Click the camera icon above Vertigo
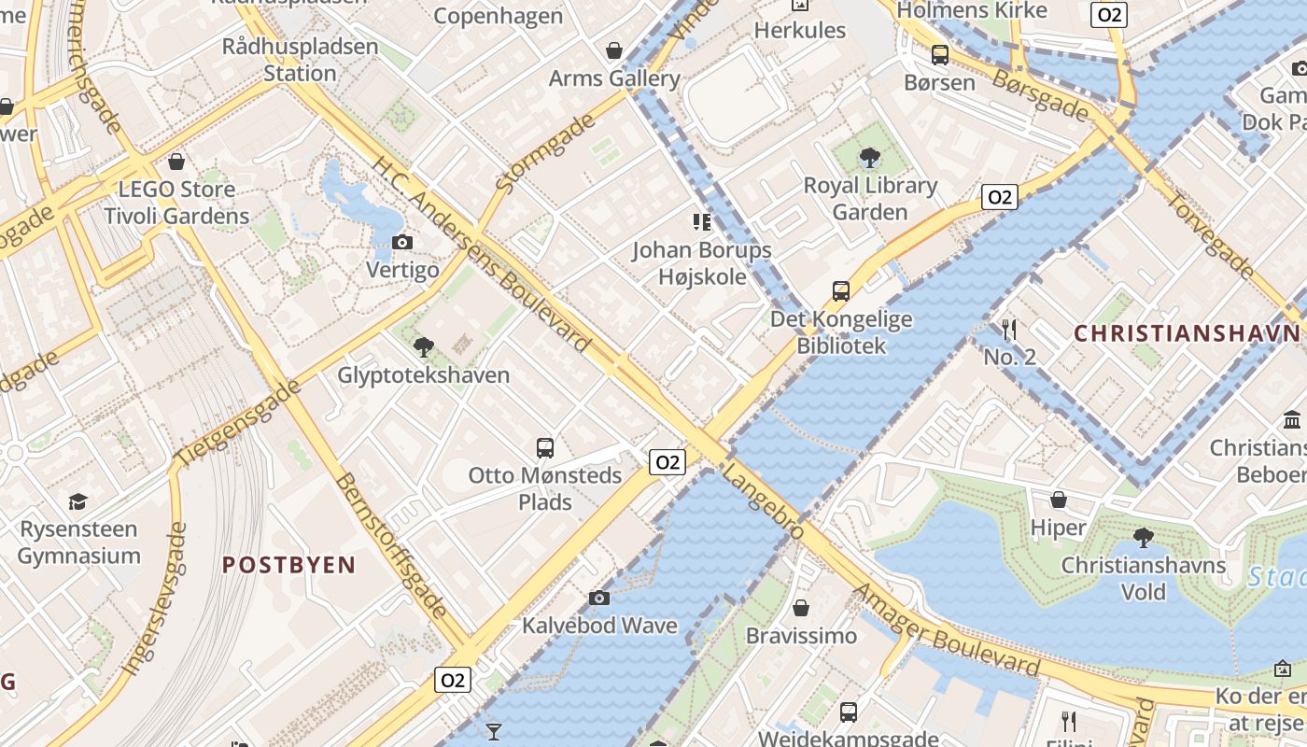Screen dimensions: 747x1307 tap(402, 243)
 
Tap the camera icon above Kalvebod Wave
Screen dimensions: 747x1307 tap(599, 598)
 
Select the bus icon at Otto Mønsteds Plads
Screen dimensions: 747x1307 tap(545, 447)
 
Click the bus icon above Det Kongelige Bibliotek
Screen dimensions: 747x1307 tap(841, 290)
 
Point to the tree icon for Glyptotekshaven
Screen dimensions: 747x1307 tap(424, 347)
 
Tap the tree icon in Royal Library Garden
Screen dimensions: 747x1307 tap(870, 157)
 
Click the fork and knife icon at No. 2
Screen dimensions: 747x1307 tap(1009, 329)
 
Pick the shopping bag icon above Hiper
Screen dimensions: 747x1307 tap(1059, 500)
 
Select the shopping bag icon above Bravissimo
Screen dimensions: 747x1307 tap(801, 609)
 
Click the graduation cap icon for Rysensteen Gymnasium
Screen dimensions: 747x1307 tap(78, 501)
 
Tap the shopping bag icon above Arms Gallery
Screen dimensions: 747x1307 tap(614, 50)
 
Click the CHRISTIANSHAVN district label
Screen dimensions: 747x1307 tap(1186, 333)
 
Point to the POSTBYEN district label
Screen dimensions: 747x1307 tap(288, 565)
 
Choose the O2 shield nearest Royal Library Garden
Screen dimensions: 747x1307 tap(999, 197)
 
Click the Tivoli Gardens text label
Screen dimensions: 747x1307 tap(176, 217)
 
